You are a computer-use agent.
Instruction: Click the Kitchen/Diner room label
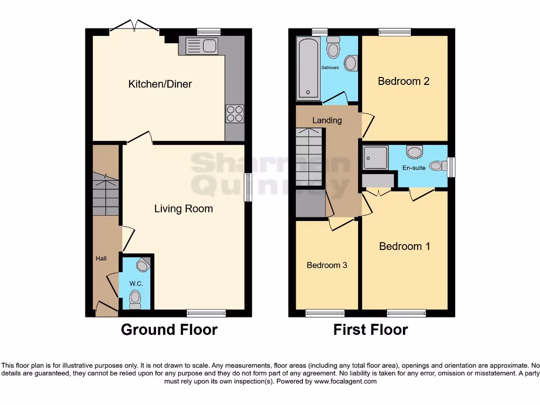(x=160, y=84)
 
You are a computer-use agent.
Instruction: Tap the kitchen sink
(x=201, y=46)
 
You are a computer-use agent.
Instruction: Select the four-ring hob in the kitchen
(x=235, y=113)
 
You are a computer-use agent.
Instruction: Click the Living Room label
(x=184, y=209)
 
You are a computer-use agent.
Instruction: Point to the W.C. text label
(x=136, y=284)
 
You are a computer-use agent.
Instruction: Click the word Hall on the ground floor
(x=101, y=258)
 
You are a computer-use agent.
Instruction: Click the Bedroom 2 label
(x=403, y=81)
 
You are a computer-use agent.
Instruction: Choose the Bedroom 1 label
(x=404, y=246)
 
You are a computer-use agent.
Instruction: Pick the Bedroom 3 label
(x=327, y=265)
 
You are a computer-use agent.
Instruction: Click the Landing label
(x=327, y=120)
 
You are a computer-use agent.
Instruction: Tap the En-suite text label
(x=414, y=168)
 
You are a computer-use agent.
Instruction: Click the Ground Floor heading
(x=169, y=330)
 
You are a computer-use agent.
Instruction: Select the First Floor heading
(x=370, y=330)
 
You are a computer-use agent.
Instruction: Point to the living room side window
(x=247, y=187)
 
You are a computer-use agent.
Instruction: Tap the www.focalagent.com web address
(x=345, y=381)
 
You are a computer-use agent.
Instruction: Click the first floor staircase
(x=308, y=157)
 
